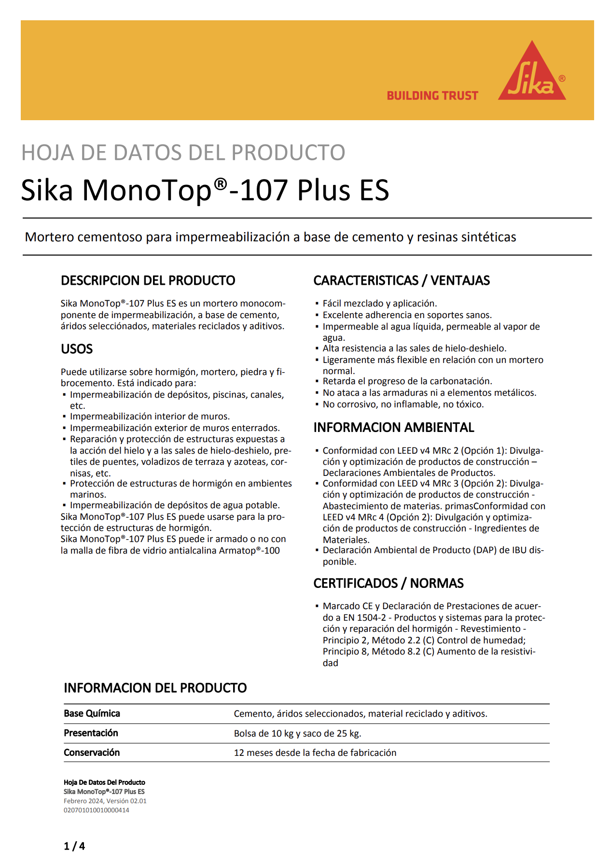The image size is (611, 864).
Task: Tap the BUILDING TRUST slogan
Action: [x=432, y=96]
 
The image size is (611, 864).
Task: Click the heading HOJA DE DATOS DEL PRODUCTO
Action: [x=183, y=153]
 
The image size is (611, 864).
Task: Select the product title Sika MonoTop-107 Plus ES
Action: [x=205, y=190]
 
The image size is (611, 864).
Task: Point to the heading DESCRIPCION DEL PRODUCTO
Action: [x=148, y=280]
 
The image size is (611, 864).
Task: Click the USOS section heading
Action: [x=77, y=349]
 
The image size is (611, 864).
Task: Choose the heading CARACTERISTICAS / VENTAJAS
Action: [x=402, y=280]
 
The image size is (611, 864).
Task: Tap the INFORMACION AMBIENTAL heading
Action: [x=394, y=428]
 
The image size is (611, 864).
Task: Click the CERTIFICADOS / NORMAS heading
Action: [x=389, y=584]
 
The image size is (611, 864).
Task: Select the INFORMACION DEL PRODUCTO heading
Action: [x=155, y=688]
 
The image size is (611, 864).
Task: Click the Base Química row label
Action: [x=92, y=713]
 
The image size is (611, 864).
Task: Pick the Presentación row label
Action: [x=91, y=733]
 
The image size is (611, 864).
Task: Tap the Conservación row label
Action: [x=92, y=753]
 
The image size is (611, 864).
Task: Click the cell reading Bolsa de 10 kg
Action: [x=298, y=734]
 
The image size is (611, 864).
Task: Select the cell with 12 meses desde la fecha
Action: [x=315, y=753]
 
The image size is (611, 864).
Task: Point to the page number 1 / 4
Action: [x=74, y=846]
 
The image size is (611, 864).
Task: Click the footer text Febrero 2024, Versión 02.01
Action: [x=105, y=801]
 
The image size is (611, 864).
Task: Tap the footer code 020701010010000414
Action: [x=97, y=810]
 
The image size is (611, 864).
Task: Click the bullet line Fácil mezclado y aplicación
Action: [x=380, y=304]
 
